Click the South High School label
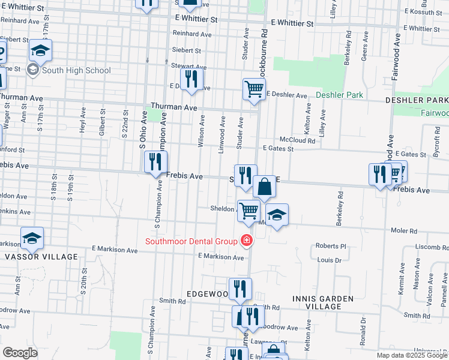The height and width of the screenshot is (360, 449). (76, 70)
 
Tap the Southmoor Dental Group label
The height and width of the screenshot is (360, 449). (191, 242)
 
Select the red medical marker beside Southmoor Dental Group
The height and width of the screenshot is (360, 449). (246, 241)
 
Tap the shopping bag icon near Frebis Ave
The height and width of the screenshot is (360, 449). (264, 187)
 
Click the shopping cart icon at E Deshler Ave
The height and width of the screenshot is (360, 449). (254, 89)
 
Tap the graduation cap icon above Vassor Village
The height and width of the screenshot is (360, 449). (32, 239)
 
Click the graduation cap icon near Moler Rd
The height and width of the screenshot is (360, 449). (277, 215)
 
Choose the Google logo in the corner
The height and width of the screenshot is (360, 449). (20, 353)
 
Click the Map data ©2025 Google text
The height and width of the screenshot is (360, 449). (412, 355)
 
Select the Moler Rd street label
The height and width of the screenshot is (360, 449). (405, 230)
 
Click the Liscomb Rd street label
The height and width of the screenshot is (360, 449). (427, 247)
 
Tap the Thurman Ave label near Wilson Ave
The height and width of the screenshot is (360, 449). (174, 107)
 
